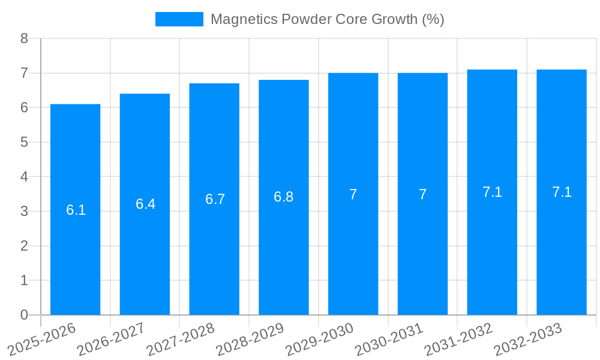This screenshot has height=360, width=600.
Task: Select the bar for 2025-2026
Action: [x=75, y=209]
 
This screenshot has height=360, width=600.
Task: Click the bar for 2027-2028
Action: [x=214, y=199]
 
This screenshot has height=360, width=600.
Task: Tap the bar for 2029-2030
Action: [x=353, y=194]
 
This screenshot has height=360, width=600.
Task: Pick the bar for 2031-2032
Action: [x=492, y=192]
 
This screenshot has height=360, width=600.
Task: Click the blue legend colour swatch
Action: [x=179, y=19]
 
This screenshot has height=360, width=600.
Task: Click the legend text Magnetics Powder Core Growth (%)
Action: [x=327, y=19]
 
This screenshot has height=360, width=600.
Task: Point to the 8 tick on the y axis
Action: [x=25, y=38]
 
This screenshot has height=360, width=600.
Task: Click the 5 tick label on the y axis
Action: [x=25, y=142]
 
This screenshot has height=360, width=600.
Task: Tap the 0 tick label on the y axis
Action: [x=25, y=315]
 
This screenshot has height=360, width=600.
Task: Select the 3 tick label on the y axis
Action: [x=25, y=211]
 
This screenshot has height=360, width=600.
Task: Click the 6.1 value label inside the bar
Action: [x=76, y=210]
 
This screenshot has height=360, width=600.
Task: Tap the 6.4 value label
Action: [x=145, y=204]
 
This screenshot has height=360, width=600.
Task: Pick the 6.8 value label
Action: [x=283, y=197]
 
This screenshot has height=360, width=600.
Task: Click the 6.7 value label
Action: [x=215, y=199]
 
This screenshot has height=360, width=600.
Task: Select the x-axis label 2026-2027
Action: [x=112, y=338]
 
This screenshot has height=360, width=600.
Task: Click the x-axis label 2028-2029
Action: [x=250, y=338]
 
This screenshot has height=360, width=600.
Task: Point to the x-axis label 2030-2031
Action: [x=389, y=338]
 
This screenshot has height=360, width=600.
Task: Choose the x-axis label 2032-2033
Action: [x=528, y=338]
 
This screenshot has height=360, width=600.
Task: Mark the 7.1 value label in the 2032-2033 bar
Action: [x=562, y=192]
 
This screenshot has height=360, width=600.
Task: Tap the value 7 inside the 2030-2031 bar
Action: [x=422, y=194]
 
